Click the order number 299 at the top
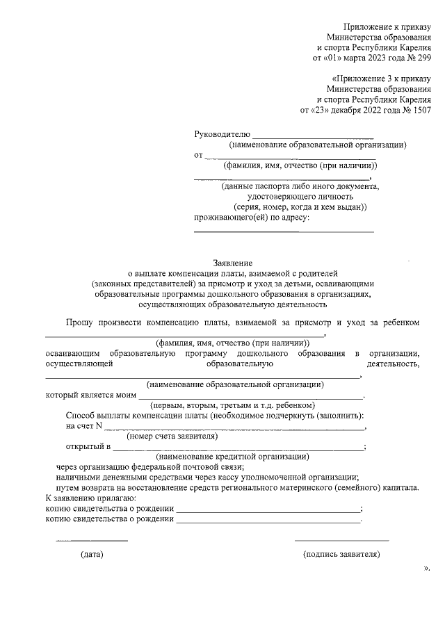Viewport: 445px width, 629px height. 423,59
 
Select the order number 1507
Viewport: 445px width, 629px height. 421,110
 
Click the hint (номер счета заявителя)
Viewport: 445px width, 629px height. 172,436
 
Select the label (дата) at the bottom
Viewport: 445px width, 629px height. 92,555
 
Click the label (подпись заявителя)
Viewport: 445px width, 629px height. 341,555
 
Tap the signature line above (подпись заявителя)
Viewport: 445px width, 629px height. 341,540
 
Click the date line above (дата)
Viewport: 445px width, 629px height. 92,540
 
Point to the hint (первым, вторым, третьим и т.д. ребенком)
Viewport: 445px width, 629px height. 233,405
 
